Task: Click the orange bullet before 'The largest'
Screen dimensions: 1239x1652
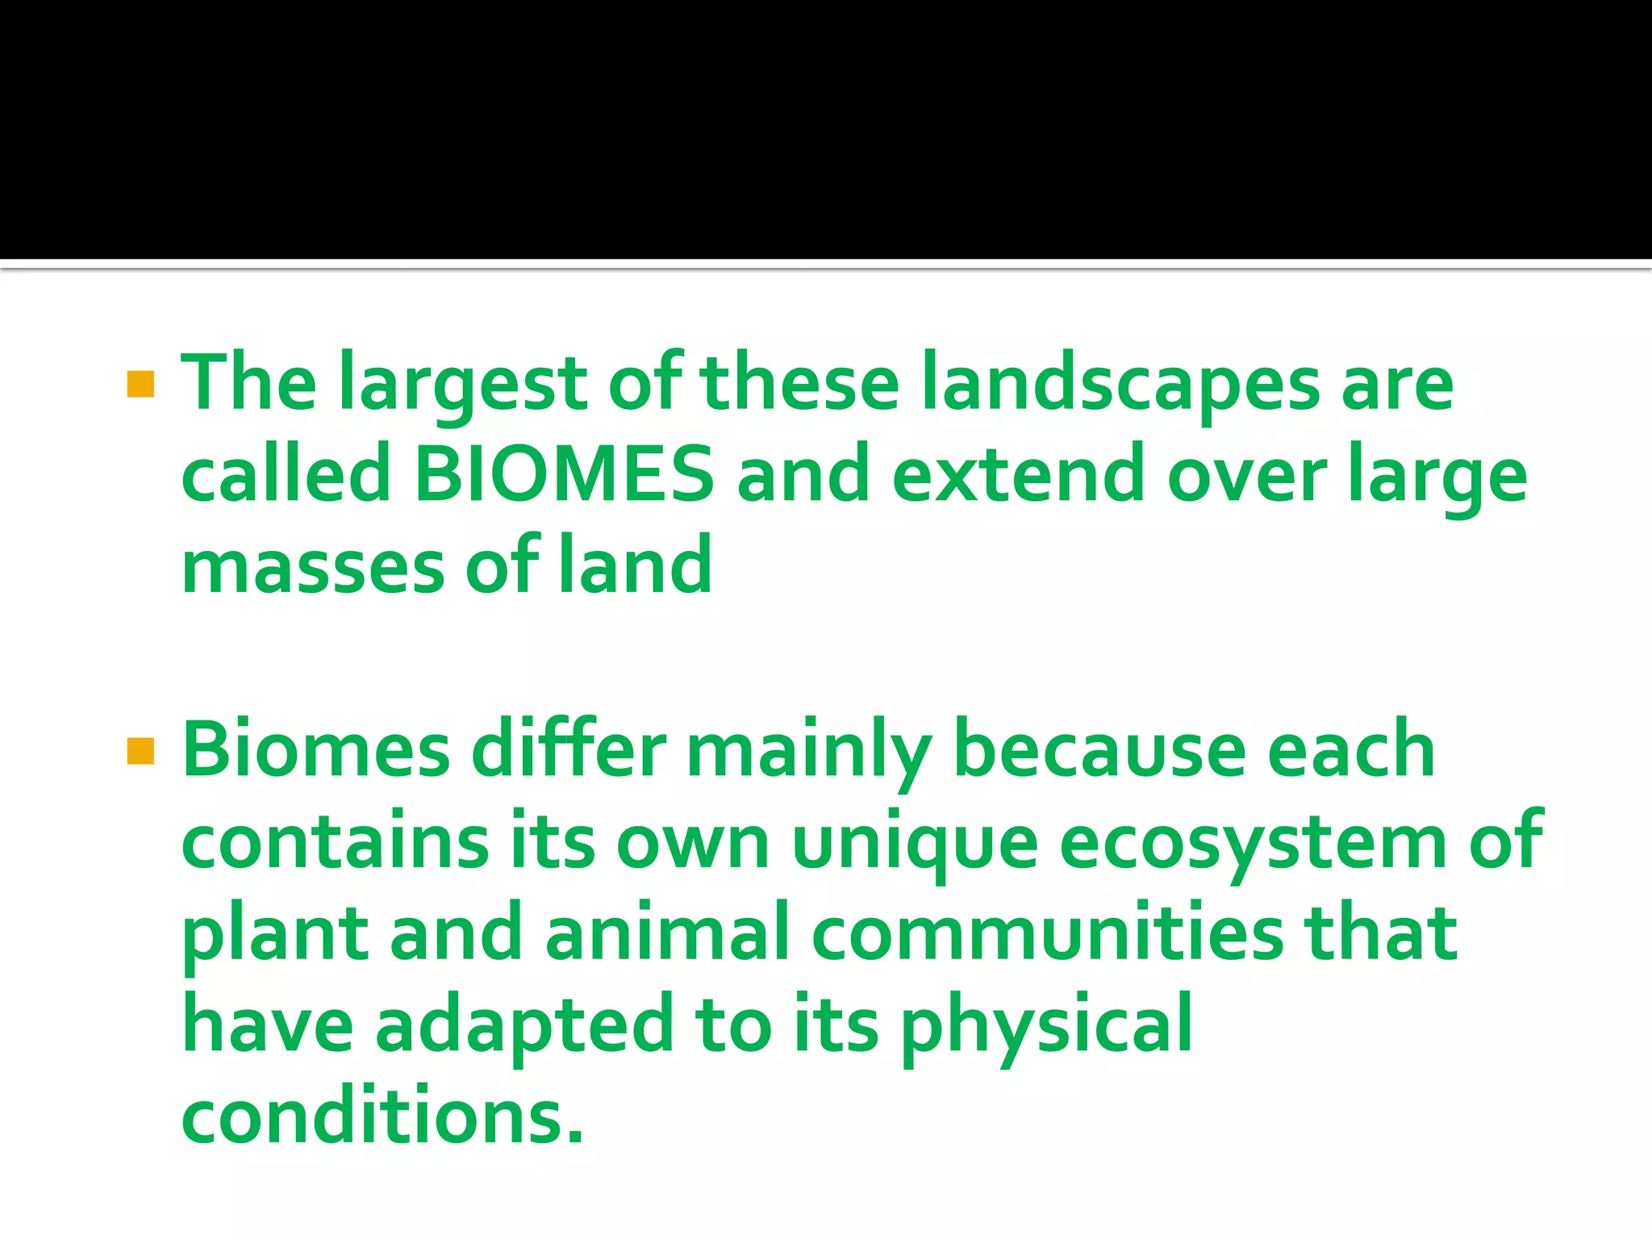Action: [140, 385]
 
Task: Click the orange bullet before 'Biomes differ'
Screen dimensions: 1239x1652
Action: [140, 751]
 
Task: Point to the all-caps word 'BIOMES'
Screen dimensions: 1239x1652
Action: [563, 474]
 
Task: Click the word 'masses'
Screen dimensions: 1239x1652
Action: [313, 566]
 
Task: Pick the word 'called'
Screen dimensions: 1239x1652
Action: [286, 474]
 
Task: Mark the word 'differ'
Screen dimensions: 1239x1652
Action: [569, 751]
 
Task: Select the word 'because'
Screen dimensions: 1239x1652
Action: [1099, 751]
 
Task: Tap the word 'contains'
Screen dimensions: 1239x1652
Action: [336, 843]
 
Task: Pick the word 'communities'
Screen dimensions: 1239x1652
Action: [1047, 934]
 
